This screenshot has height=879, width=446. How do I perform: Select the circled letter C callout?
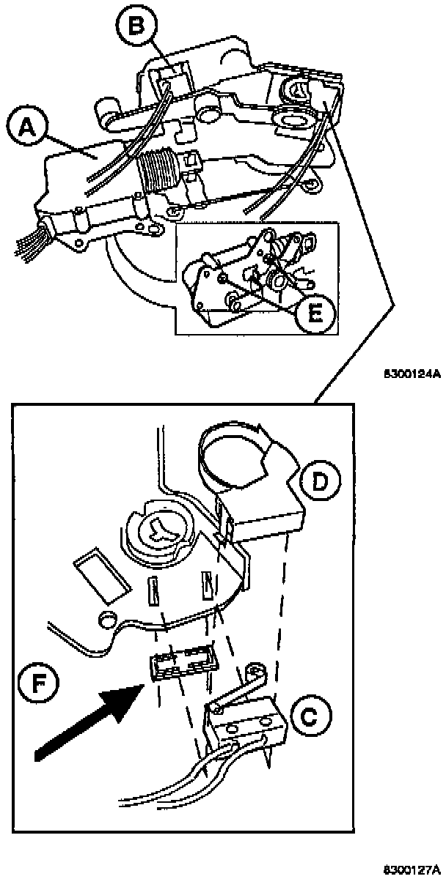pos(309,712)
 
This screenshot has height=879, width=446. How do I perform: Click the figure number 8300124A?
pos(412,374)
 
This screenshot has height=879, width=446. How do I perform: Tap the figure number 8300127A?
pos(412,869)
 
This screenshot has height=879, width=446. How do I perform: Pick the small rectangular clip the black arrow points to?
pos(183,664)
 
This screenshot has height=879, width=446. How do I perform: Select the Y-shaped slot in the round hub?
pos(159,530)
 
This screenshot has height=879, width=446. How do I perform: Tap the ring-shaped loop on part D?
pos(231,458)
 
